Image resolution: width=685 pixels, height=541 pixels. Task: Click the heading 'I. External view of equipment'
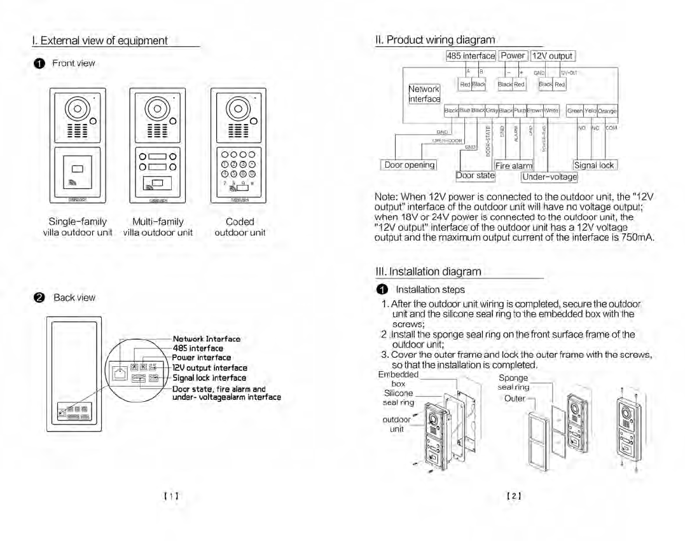point(100,41)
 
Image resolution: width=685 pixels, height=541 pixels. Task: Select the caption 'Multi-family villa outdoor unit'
point(158,227)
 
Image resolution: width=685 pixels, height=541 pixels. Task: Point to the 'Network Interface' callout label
point(206,339)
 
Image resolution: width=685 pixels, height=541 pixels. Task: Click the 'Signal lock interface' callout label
point(209,378)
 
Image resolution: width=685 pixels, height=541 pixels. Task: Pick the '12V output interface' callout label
point(210,367)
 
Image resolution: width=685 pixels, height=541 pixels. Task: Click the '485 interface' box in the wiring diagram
point(471,56)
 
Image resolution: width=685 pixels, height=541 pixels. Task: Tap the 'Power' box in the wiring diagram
point(513,56)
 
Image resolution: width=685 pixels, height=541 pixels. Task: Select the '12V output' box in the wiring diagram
point(552,56)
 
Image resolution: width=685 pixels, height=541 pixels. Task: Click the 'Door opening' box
point(410,165)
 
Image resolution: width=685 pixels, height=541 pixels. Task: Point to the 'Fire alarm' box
point(514,166)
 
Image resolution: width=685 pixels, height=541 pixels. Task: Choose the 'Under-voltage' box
point(550,177)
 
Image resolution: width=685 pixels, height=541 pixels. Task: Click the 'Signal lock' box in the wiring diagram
point(595,165)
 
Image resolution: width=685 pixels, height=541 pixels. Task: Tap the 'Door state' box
point(475,175)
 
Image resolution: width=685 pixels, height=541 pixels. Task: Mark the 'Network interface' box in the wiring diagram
point(424,94)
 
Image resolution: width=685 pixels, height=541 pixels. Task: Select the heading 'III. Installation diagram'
point(429,271)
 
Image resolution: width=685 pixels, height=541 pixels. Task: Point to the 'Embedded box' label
point(398,379)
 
